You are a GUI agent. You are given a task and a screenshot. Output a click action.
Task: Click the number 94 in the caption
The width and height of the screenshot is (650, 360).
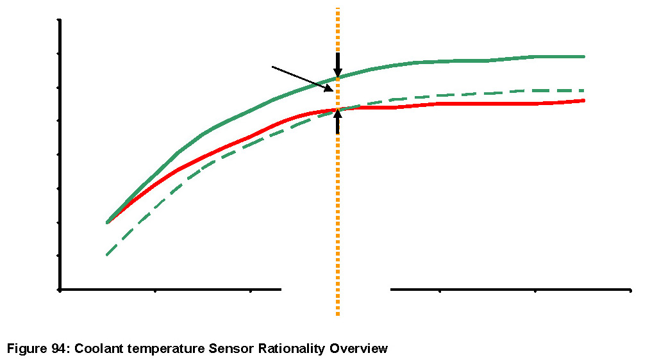point(60,349)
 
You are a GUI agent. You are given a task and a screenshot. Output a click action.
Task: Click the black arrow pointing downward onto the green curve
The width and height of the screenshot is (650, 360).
point(338,65)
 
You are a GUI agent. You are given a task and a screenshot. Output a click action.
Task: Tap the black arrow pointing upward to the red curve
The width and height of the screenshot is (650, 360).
point(338,121)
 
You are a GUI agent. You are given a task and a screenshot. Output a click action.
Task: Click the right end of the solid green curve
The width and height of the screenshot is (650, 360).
point(583,56)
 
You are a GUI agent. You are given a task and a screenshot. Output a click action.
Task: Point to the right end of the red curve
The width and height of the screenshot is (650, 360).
point(583,101)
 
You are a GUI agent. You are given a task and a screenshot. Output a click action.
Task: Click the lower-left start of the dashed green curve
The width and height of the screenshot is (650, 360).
point(107,255)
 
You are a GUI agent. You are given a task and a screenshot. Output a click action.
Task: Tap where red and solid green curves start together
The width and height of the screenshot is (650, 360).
point(108,222)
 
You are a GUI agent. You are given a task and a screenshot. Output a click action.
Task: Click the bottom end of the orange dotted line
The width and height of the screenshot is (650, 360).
point(338,314)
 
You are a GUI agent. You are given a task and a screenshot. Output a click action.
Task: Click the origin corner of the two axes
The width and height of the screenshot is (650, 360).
point(60,290)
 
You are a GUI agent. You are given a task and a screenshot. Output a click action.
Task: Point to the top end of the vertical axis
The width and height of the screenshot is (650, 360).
point(60,20)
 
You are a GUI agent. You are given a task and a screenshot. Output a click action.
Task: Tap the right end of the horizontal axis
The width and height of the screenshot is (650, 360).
point(630,290)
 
